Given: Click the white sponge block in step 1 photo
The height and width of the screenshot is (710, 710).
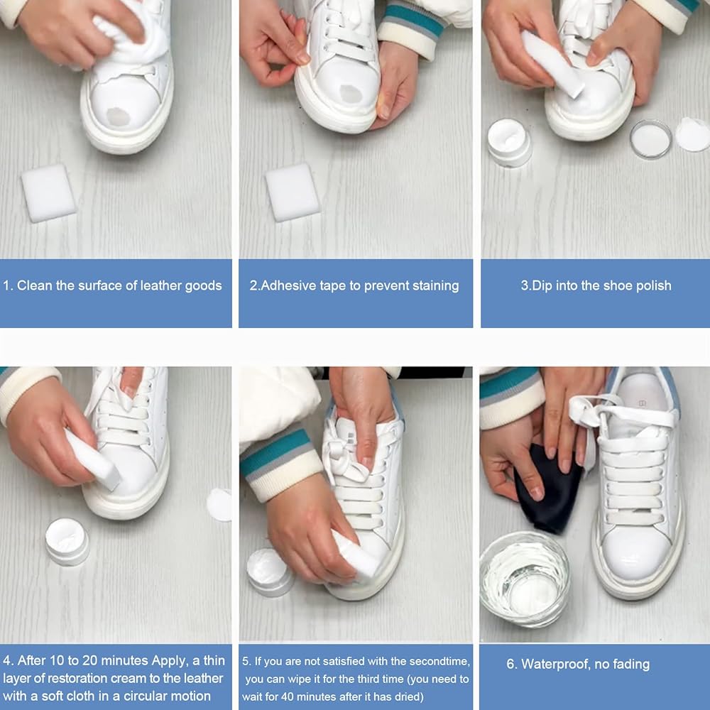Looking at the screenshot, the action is (48, 193).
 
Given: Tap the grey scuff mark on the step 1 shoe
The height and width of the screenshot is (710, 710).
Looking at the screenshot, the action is (119, 117).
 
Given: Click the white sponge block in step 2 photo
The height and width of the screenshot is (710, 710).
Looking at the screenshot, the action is (293, 192).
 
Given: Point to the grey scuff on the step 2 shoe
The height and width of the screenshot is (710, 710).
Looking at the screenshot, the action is (351, 94).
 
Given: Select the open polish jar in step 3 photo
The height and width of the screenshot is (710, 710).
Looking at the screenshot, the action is (509, 142).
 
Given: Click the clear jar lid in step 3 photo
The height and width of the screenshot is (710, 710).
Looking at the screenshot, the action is (651, 139).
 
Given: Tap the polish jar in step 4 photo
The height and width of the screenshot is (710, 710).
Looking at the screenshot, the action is (67, 542).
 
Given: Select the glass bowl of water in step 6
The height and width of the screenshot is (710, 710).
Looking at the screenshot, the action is (525, 579).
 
